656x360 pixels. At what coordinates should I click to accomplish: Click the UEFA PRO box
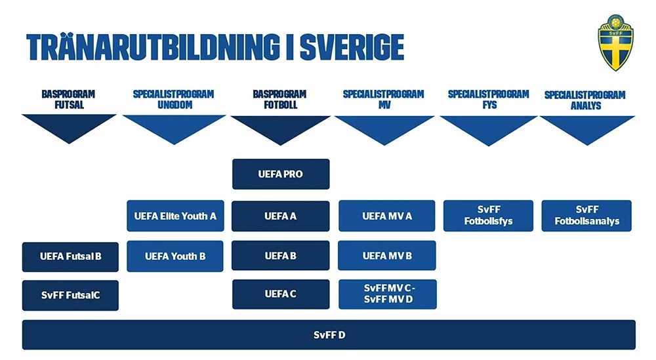point(281,174)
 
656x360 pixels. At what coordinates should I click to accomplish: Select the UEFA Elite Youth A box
point(175,216)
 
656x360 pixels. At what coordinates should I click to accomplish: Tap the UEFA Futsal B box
point(70,257)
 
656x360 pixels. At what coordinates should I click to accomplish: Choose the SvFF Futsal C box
point(70,295)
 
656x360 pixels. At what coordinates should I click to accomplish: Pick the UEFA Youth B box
point(175,256)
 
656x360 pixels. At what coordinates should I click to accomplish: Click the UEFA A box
point(280,216)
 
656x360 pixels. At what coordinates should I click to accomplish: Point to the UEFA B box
point(280,256)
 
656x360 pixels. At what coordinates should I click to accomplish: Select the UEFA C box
point(281,294)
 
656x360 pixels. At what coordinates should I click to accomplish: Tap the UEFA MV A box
point(387,216)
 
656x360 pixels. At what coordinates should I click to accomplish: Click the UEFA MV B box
point(387,256)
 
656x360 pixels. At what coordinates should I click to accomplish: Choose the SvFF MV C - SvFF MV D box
point(388,294)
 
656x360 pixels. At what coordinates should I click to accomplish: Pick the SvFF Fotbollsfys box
point(488,216)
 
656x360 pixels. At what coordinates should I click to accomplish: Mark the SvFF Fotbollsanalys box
point(586,216)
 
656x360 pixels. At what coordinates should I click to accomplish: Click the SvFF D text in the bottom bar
point(329,335)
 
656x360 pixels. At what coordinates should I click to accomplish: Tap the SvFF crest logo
point(615,43)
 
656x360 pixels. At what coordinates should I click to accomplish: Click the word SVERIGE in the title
point(352,47)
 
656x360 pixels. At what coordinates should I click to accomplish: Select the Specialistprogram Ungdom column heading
point(174,100)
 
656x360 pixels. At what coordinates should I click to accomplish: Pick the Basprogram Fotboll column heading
point(280,100)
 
